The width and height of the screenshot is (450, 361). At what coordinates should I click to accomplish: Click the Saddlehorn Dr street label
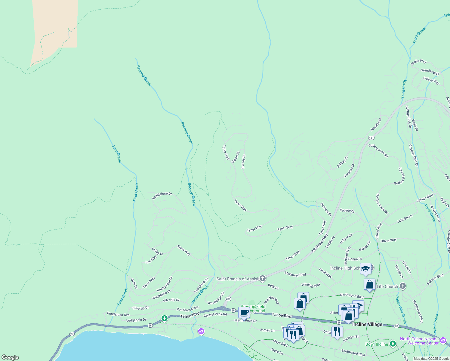[x=162, y=196]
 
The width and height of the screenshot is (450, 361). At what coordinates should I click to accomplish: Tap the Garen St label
[x=236, y=157]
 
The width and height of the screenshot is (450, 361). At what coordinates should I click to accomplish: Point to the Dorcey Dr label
[x=244, y=161]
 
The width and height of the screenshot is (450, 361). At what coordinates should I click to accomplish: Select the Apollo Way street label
[x=418, y=62]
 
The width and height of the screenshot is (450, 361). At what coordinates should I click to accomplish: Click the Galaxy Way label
[x=431, y=81]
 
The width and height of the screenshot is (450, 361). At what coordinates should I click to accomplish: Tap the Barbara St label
[x=326, y=210]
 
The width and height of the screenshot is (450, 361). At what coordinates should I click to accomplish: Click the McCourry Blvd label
[x=295, y=274]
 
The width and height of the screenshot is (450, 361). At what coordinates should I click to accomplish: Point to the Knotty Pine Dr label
[x=165, y=284]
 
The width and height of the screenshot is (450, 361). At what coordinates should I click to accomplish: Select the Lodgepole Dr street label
[x=136, y=320]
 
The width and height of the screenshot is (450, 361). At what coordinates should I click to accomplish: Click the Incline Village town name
[x=367, y=324]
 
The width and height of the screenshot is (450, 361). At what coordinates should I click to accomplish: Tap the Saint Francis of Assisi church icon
[x=263, y=279]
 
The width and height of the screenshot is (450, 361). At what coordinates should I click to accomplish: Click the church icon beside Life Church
[x=403, y=286]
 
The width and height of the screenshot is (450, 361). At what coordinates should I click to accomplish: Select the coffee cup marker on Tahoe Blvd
[x=244, y=313]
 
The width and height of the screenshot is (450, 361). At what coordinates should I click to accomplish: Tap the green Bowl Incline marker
[x=393, y=344]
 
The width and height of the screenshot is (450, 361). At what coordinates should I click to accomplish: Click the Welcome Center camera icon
[x=443, y=341]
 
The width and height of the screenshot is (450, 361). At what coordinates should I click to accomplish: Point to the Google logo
[x=10, y=357]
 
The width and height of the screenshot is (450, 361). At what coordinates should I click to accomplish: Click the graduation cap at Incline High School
[x=365, y=269]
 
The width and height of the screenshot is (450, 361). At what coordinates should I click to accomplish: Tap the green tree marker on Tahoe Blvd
[x=164, y=318]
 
